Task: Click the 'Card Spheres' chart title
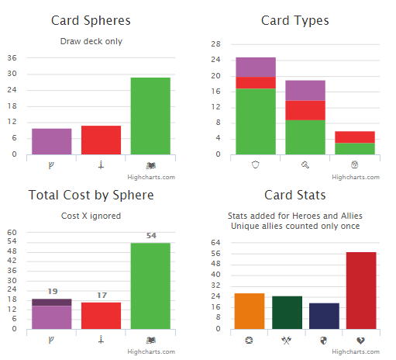(x=91, y=20)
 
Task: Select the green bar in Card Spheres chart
(x=150, y=116)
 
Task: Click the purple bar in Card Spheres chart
(x=52, y=141)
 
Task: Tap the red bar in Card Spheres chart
(x=101, y=140)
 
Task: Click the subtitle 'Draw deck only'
(x=91, y=41)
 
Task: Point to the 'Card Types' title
(x=294, y=20)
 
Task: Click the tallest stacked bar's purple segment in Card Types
(x=256, y=67)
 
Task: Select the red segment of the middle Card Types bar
(x=305, y=110)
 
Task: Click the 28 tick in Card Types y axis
(x=215, y=44)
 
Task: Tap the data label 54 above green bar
(x=151, y=236)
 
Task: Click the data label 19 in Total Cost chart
(x=52, y=292)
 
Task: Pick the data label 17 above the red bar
(x=101, y=296)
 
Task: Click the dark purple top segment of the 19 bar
(x=52, y=303)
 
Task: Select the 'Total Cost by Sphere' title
(x=91, y=195)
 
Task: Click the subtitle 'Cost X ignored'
(x=91, y=215)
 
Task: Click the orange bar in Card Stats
(x=250, y=311)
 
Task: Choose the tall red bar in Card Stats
(x=361, y=290)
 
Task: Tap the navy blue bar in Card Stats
(x=324, y=316)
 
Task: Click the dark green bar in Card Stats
(x=287, y=313)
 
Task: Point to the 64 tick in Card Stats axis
(x=215, y=242)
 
